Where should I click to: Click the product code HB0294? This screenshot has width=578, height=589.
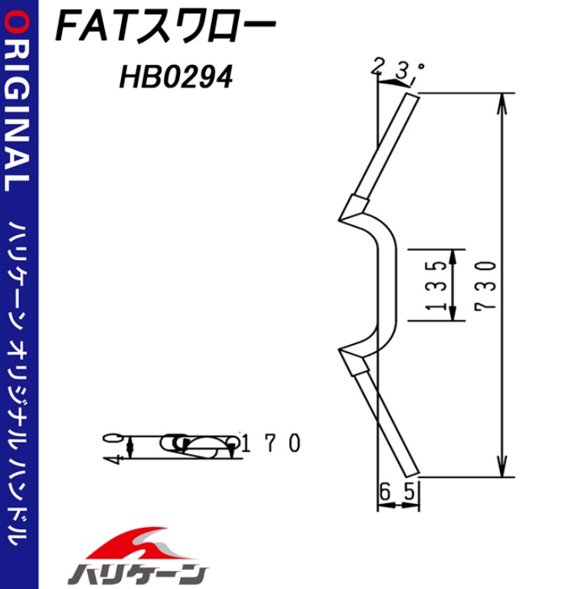(x=176, y=77)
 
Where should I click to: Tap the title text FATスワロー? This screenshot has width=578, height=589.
(x=166, y=27)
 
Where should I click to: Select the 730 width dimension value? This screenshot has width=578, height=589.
(x=485, y=285)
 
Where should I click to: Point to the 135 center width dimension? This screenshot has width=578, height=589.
(x=436, y=285)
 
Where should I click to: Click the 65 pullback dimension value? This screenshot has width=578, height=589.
(x=397, y=492)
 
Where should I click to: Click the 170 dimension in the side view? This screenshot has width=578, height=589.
(x=271, y=443)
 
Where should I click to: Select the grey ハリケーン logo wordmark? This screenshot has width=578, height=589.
(x=139, y=574)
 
